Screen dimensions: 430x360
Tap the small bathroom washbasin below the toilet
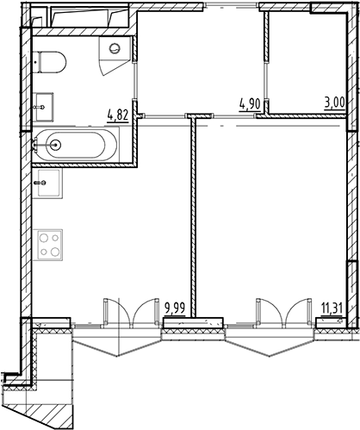tap(45, 107)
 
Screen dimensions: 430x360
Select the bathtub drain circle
tap(57, 146)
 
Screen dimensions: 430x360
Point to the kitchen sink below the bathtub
tap(47, 184)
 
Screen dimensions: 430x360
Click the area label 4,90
tap(250, 104)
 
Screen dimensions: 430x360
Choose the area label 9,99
tap(175, 307)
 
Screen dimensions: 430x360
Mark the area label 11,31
tap(331, 307)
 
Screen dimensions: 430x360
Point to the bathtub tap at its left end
tap(38, 146)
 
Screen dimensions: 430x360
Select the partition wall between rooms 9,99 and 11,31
tap(195, 215)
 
